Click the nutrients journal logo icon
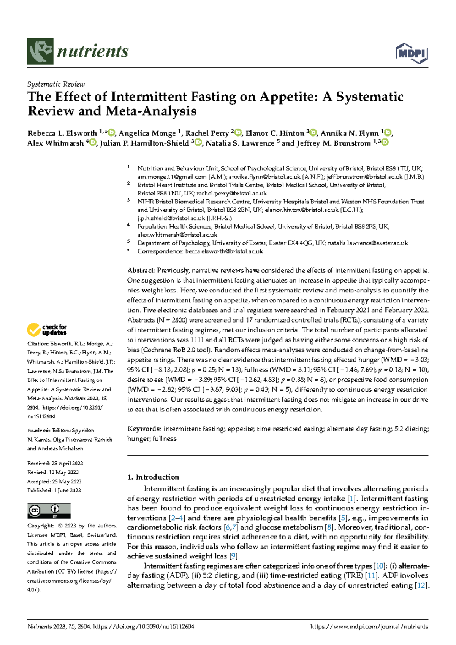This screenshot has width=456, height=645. tap(40, 51)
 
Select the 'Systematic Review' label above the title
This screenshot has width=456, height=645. tap(56, 84)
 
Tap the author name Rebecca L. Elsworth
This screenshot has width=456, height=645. tap(62, 133)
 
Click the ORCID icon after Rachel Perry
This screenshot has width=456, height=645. tap(238, 133)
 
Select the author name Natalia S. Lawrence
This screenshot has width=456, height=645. tap(240, 143)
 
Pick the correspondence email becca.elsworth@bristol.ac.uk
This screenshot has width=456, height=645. tap(224, 251)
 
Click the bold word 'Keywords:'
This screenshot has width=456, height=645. tap(144, 429)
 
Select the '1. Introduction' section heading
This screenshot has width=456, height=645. tap(153, 477)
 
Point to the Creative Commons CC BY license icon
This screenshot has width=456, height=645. tap(49, 511)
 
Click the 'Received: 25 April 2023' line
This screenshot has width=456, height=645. tap(55, 463)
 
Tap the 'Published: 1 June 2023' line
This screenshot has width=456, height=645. tap(54, 490)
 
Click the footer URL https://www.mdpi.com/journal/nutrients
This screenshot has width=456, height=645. tap(369, 626)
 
